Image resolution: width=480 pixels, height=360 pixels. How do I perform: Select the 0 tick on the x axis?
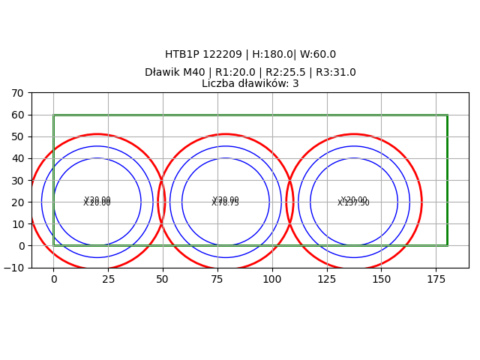[53, 279]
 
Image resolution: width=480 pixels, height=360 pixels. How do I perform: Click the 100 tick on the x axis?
[272, 279]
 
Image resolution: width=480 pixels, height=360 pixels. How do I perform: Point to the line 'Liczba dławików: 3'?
[250, 84]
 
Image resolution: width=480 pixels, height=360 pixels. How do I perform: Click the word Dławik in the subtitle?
[161, 73]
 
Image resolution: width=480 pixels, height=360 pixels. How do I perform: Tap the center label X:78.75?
[225, 202]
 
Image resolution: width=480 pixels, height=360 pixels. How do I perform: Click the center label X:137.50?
[353, 202]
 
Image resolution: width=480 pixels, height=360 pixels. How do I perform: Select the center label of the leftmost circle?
[97, 202]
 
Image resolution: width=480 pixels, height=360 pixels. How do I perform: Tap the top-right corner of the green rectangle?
[447, 115]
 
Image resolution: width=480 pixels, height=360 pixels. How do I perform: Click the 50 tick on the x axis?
[163, 279]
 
